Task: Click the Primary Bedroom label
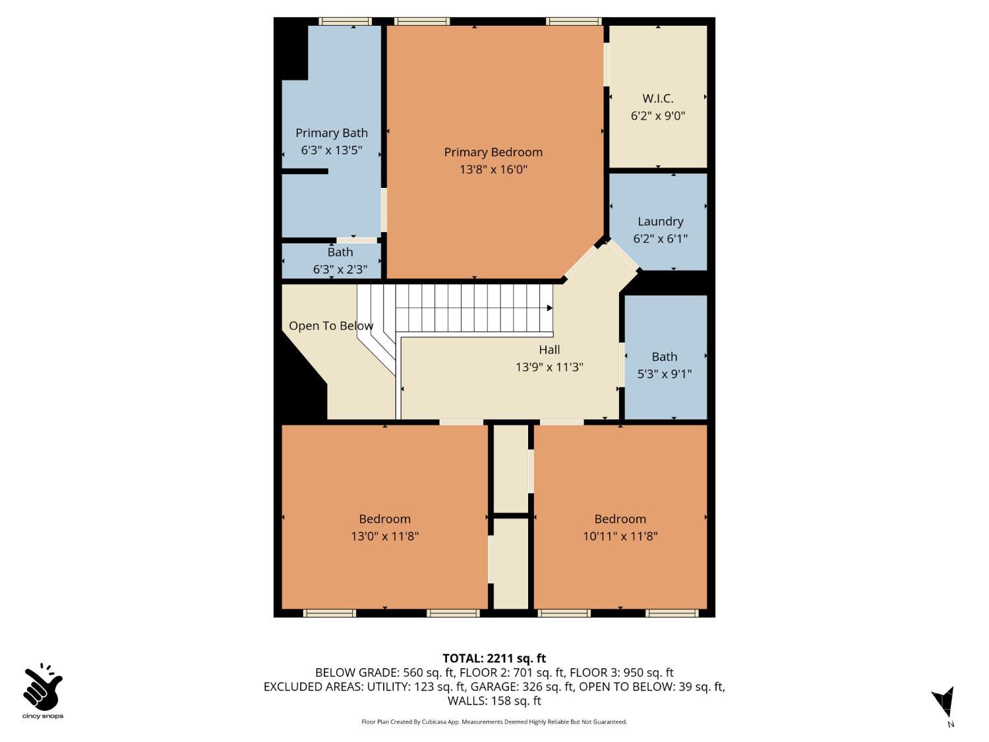(x=493, y=152)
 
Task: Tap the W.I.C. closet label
(x=657, y=98)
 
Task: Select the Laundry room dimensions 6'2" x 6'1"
(x=660, y=238)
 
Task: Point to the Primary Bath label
(x=332, y=133)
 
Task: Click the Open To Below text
(x=331, y=326)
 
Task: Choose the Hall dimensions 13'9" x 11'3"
(x=549, y=367)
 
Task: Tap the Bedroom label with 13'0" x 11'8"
(x=385, y=519)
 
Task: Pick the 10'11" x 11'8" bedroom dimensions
(x=620, y=536)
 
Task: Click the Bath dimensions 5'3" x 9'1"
(x=664, y=374)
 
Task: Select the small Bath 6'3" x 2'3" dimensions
(x=340, y=269)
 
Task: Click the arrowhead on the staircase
(x=550, y=308)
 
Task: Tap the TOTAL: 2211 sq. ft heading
(x=494, y=658)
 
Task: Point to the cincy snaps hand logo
(x=43, y=687)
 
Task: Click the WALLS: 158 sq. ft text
(x=494, y=700)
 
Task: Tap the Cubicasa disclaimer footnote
(x=494, y=722)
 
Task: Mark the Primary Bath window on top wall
(x=345, y=21)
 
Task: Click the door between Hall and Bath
(x=622, y=365)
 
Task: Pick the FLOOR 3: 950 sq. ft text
(x=621, y=673)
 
